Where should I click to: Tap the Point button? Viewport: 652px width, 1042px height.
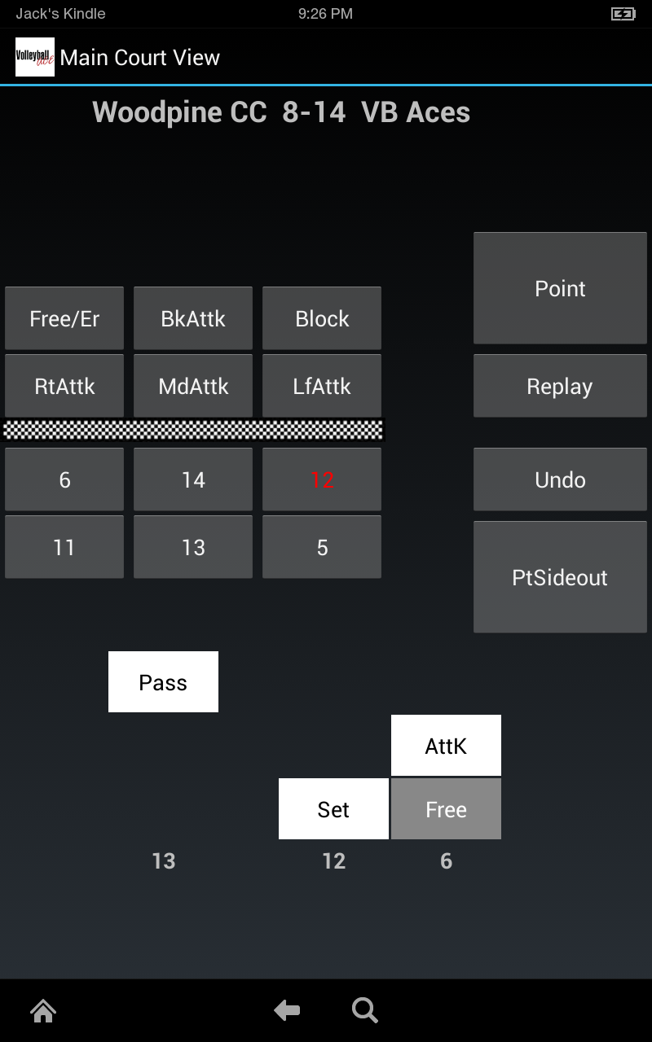560,288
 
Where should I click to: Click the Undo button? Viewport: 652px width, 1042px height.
560,479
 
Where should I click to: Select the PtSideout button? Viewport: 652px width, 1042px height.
560,577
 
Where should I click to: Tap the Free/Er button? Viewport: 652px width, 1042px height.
64,318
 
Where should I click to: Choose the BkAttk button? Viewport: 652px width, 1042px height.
193,318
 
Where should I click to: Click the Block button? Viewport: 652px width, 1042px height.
322,318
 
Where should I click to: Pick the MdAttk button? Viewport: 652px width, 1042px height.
193,386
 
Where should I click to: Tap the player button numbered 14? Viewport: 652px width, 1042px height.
193,479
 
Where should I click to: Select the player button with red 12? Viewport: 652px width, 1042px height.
322,479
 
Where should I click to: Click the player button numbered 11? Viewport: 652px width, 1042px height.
64,547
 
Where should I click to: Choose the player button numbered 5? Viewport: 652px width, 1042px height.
322,547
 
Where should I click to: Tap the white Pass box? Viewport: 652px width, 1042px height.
163,682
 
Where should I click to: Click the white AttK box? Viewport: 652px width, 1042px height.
446,746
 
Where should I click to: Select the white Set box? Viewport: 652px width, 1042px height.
333,809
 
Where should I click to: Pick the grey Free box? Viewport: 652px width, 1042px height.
446,809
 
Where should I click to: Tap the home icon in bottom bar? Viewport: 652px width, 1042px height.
43,1011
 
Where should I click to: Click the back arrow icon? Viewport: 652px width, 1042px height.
287,1011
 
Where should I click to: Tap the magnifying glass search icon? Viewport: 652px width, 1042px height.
364,1011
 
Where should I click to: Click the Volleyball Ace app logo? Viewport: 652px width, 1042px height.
35,57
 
